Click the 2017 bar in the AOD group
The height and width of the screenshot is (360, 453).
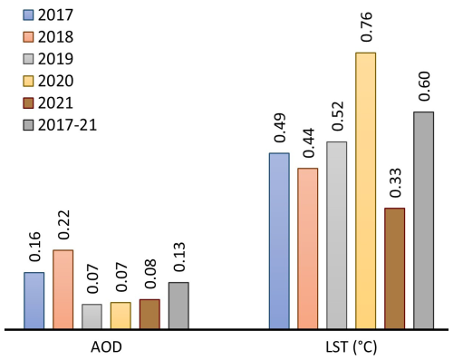click(x=34, y=300)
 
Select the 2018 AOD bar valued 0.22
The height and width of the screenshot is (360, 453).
click(x=63, y=288)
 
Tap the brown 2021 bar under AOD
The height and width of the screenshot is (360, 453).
click(x=149, y=314)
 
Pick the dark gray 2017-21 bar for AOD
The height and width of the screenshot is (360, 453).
click(x=178, y=306)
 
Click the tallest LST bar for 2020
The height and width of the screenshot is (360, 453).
click(x=366, y=190)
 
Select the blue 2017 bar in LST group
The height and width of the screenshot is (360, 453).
click(x=279, y=240)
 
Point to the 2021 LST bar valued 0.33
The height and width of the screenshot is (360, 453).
click(x=395, y=268)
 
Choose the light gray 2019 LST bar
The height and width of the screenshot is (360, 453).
click(x=337, y=235)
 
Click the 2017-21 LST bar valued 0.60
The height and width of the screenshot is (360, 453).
click(x=424, y=219)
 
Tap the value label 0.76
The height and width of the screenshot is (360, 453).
click(x=367, y=27)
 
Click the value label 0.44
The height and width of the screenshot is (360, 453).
click(x=309, y=142)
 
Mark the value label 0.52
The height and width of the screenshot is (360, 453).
click(x=338, y=116)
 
